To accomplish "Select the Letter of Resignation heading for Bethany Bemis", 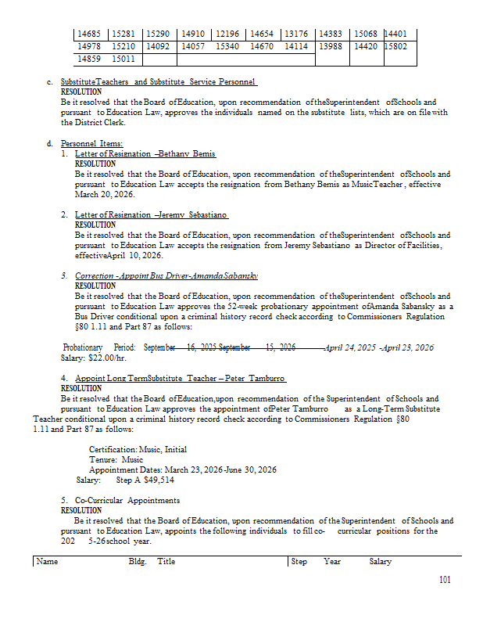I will pyautogui.click(x=145, y=154).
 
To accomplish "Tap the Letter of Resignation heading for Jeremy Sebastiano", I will pyautogui.click(x=152, y=214).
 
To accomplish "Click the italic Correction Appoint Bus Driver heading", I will pyautogui.click(x=166, y=276).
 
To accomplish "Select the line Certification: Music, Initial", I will pyautogui.click(x=138, y=450).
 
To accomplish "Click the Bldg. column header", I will pyautogui.click(x=138, y=562).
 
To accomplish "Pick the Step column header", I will pyautogui.click(x=299, y=562).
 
